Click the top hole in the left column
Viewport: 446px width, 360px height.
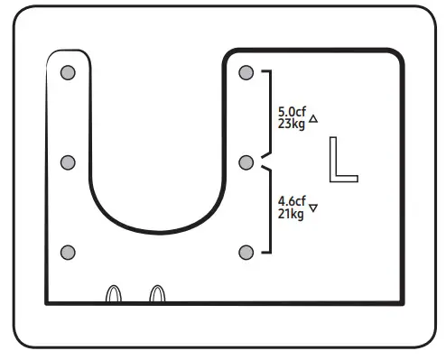point(67,72)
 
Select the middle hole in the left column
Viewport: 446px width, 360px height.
point(67,162)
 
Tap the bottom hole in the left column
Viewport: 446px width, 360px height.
point(67,252)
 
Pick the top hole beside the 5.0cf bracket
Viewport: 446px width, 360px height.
point(246,72)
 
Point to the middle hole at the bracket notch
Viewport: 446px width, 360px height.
point(246,162)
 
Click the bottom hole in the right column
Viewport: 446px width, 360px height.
point(246,252)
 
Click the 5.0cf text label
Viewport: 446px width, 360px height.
point(292,113)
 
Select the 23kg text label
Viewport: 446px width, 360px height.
point(292,125)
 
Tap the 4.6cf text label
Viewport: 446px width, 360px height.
point(292,200)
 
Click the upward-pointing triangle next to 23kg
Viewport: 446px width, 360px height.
point(313,119)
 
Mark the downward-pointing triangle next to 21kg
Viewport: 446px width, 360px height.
point(313,208)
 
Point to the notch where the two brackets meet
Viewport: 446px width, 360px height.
point(263,162)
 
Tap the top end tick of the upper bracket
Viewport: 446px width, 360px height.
point(265,70)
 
